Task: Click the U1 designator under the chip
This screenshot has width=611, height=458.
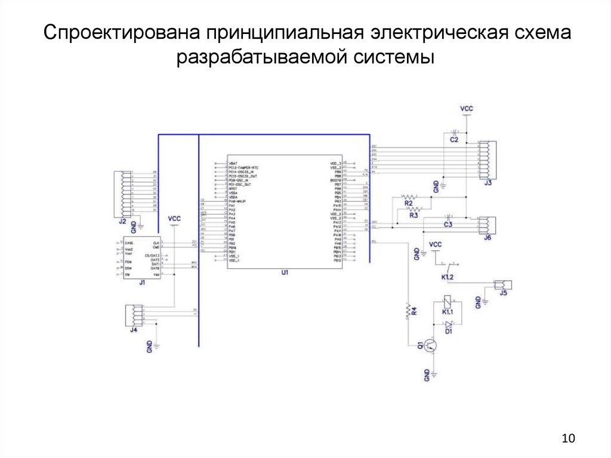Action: click(x=285, y=272)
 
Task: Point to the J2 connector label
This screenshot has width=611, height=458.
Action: click(x=122, y=222)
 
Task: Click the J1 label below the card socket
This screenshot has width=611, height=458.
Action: click(x=142, y=282)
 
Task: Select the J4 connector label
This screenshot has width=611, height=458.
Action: click(x=134, y=330)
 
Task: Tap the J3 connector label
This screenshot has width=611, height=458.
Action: click(x=487, y=183)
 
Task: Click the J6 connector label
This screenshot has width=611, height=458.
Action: click(x=487, y=238)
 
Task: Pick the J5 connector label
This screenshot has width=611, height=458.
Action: click(x=504, y=293)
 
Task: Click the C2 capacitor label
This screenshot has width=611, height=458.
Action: click(x=454, y=140)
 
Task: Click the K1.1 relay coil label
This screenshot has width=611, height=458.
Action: click(x=448, y=312)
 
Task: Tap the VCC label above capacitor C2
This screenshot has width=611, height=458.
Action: click(x=467, y=109)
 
